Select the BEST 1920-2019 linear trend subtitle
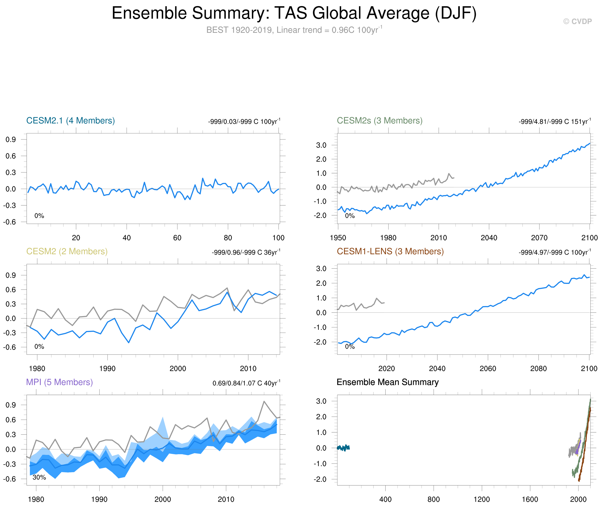coord(294,30)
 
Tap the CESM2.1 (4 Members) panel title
coord(70,121)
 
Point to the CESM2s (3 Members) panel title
coord(379,121)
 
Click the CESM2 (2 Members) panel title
coord(67,251)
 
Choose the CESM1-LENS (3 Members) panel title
coord(390,251)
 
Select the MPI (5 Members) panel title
coord(59,382)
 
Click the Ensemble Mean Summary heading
coord(387,382)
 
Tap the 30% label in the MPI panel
coord(39,477)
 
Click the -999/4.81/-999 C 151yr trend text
coord(554,122)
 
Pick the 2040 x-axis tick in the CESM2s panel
coord(489,238)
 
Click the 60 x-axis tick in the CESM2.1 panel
coord(177,238)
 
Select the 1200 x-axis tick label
coord(482,499)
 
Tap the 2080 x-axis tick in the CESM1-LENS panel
coord(538,369)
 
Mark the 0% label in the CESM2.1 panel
coord(39,216)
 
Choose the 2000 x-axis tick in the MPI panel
coord(163,499)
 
